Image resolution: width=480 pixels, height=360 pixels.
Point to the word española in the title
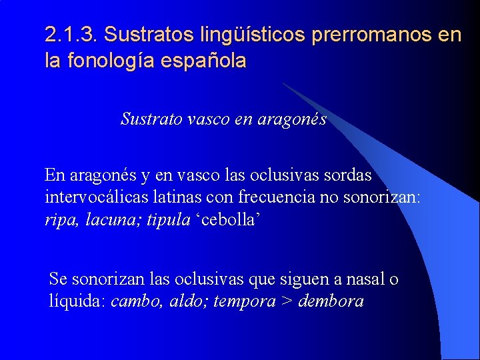click(x=207, y=61)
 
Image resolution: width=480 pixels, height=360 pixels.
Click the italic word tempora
click(x=245, y=301)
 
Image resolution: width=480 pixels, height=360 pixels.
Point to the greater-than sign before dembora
click(x=287, y=301)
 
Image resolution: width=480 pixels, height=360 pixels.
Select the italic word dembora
click(x=331, y=301)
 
